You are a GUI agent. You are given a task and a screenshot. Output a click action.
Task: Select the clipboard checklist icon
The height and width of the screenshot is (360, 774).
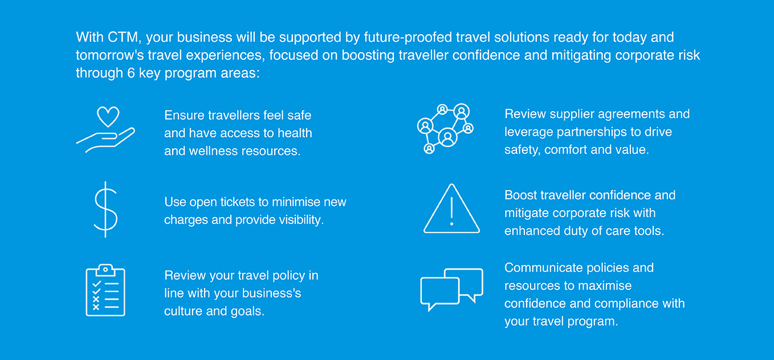pos(105,290)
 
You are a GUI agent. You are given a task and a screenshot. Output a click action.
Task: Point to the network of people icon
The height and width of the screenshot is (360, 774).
pos(445,129)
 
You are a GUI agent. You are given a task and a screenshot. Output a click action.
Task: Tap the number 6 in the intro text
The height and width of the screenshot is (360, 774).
pos(131,73)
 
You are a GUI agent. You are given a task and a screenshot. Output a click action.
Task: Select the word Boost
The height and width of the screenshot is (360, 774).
pos(520,195)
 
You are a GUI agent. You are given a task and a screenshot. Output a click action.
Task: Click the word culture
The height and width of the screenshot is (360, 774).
pos(184,311)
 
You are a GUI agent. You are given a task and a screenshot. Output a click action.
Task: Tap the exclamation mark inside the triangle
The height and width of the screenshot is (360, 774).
pos(451,211)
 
